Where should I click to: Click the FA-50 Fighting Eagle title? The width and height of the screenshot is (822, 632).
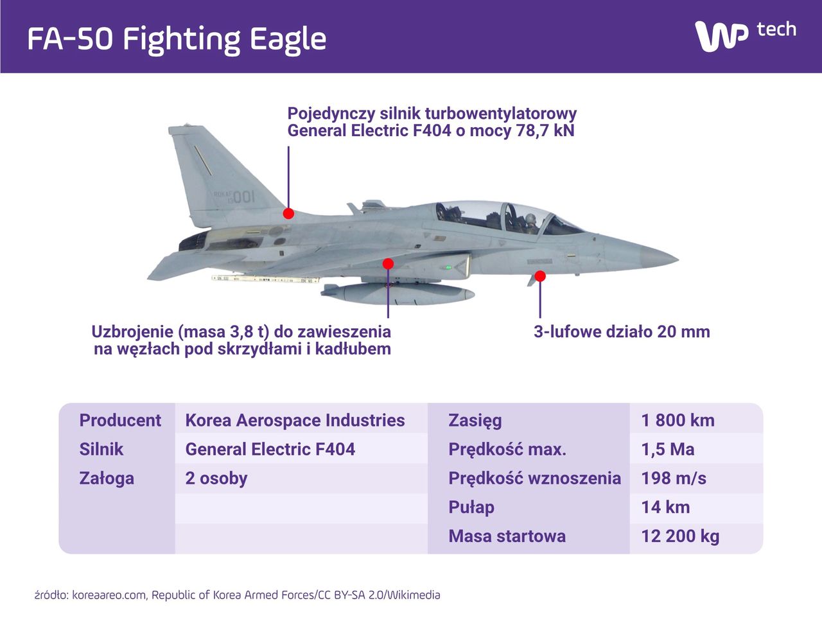[x=177, y=39]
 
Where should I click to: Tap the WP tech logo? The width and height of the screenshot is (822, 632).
[x=745, y=35]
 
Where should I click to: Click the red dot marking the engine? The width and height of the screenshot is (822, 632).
[x=288, y=213]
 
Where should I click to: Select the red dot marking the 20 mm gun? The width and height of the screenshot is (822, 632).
[x=540, y=276]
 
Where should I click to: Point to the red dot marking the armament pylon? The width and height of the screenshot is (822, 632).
[x=388, y=263]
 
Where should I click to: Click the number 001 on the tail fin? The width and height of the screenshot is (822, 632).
[x=243, y=197]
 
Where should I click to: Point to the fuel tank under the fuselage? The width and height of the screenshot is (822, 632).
[x=398, y=294]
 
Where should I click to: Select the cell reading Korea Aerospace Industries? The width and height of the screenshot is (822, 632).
[x=295, y=420]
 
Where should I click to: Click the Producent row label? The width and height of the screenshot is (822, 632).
[x=120, y=420]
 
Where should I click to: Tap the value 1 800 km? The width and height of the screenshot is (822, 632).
[x=678, y=420]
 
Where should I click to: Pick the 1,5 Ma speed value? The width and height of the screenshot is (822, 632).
[x=668, y=449]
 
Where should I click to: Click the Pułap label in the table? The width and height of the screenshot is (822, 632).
[x=471, y=507]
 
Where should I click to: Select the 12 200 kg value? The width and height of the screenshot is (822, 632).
[x=680, y=536]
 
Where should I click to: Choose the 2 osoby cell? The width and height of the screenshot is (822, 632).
[x=216, y=478]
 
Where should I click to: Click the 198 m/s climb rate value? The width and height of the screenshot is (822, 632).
[x=674, y=478]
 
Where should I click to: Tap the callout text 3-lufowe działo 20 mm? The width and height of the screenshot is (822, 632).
[x=622, y=332]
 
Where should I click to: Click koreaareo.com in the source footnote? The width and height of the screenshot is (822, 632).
[x=109, y=595]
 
